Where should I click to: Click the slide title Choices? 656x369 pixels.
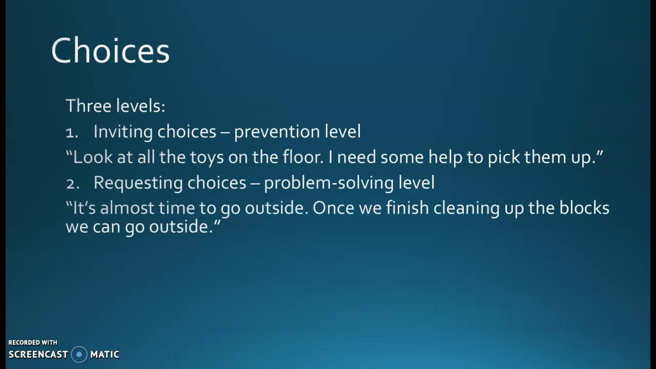click(x=110, y=51)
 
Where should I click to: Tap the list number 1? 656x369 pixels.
click(x=71, y=132)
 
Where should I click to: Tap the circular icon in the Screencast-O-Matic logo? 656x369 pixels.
click(x=79, y=354)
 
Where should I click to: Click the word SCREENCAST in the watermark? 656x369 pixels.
click(x=38, y=355)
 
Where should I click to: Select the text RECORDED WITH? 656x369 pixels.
click(x=33, y=342)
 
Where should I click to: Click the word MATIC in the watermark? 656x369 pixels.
click(x=105, y=355)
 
